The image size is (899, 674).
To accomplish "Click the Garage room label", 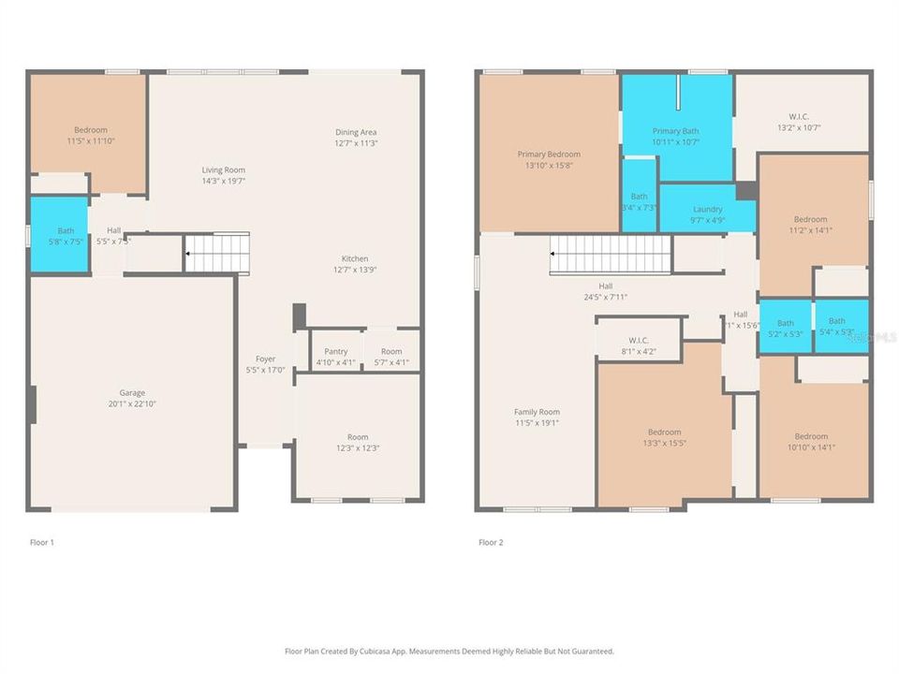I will [x=131, y=393].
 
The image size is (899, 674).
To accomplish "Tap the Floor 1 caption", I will [x=42, y=542].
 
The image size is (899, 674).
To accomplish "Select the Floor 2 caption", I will [x=491, y=542].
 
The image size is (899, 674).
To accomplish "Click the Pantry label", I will [x=335, y=351].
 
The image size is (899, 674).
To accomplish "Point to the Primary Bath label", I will [x=676, y=131].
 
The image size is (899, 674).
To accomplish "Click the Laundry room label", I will [x=707, y=209].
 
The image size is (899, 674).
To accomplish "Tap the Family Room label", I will [x=537, y=412].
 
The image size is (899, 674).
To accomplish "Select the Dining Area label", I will [x=356, y=132].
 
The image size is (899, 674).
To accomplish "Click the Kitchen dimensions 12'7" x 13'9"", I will [x=355, y=270].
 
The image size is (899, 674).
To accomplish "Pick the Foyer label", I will [x=266, y=359].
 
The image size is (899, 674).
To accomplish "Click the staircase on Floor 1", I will [x=217, y=253].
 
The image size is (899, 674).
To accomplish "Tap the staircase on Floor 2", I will [x=611, y=255].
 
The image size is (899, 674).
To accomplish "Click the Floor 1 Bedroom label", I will [x=91, y=129].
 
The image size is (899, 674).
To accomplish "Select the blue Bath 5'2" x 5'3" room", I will [x=785, y=326].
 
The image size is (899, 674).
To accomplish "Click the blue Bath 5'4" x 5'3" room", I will [x=840, y=325].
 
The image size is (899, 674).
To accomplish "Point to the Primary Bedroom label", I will [x=549, y=154].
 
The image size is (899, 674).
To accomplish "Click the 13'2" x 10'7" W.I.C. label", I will [x=800, y=117].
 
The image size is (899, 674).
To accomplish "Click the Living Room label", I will [x=223, y=169].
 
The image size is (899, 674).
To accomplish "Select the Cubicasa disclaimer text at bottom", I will [x=449, y=651].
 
